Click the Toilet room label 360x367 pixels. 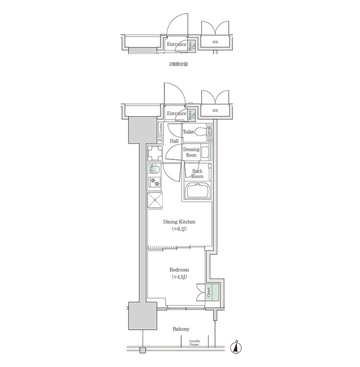189,131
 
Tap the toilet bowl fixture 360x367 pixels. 202,132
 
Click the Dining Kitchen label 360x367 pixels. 179,221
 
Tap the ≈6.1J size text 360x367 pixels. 179,229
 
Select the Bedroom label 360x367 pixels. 179,270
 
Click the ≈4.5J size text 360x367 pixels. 179,278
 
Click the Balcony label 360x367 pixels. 181,330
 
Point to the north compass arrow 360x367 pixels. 236,347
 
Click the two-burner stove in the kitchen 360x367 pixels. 154,182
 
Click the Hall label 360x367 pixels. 174,140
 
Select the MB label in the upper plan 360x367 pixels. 215,42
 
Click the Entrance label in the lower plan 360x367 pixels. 177,114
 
